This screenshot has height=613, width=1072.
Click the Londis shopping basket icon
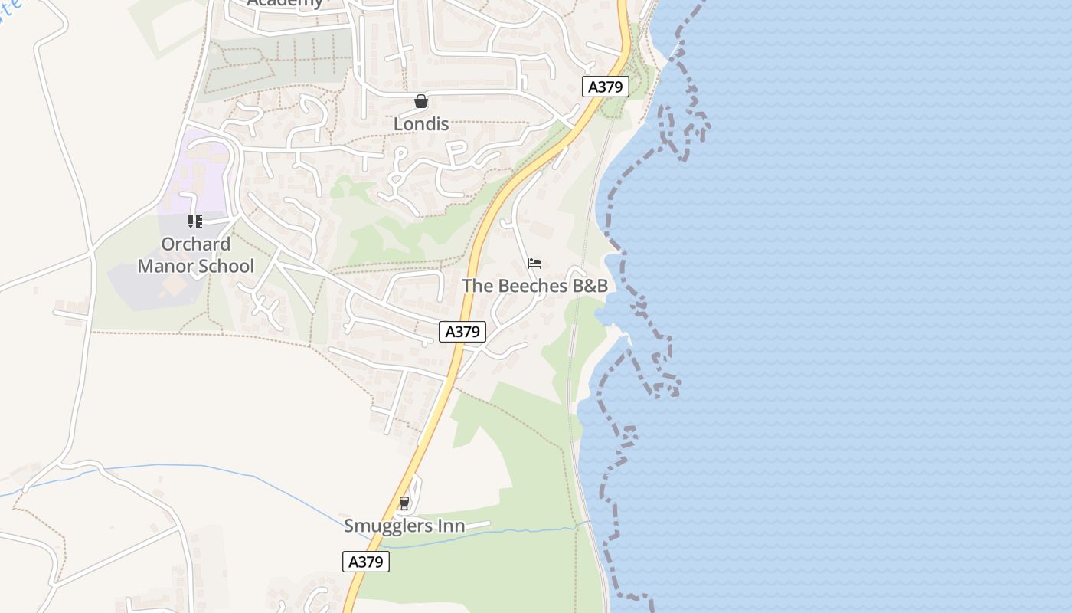[420, 101]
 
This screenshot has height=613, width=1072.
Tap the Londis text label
[421, 124]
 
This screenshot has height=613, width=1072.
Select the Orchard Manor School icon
[195, 221]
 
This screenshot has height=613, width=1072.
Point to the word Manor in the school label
[167, 267]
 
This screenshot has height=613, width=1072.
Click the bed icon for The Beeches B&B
[534, 264]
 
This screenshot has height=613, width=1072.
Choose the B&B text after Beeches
[590, 286]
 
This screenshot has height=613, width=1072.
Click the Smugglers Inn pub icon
[404, 503]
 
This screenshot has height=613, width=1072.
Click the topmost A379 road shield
[605, 87]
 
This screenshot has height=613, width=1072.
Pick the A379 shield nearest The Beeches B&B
[462, 332]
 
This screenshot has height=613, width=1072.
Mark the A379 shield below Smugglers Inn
[366, 562]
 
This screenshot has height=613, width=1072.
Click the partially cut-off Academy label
[285, 3]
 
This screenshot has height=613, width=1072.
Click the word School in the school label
[226, 267]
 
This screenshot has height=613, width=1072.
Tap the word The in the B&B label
[478, 286]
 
